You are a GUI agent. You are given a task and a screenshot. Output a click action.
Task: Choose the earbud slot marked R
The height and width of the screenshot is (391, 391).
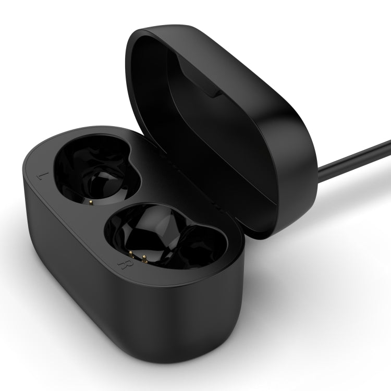point(156,235)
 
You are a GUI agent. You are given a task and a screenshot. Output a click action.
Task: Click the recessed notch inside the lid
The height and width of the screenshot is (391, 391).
point(198,78)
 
